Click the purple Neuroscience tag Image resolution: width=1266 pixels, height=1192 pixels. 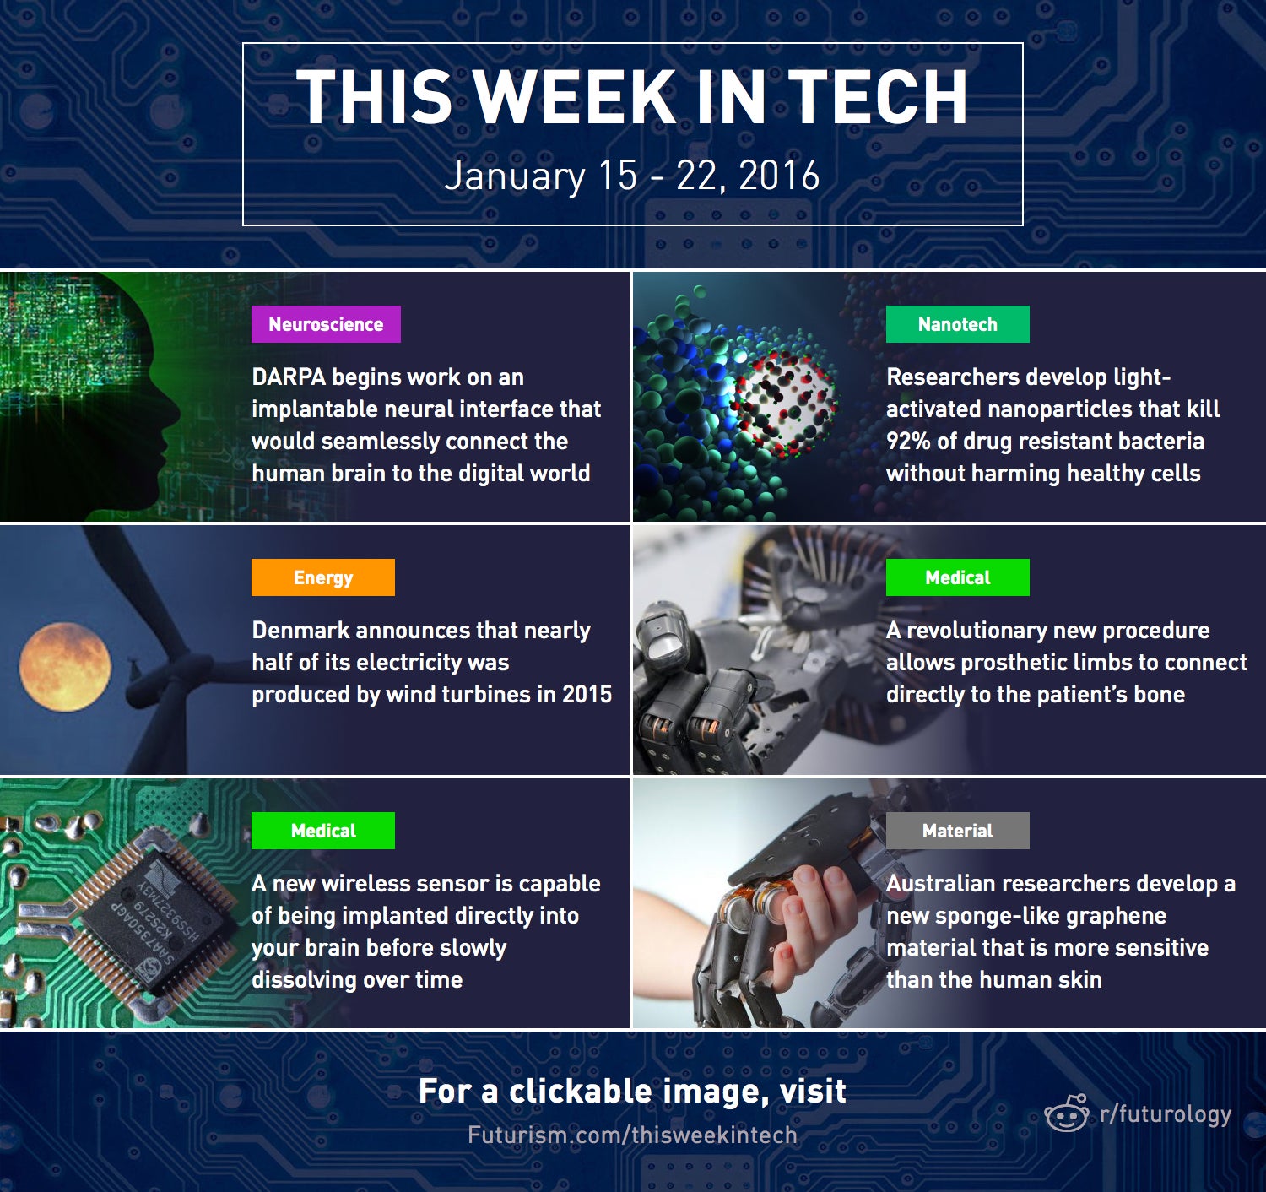point(326,324)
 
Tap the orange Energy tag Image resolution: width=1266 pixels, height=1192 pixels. point(323,577)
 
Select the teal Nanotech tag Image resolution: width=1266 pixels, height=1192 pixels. point(957,324)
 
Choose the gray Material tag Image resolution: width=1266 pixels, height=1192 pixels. point(957,831)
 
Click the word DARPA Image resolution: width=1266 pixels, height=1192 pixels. point(289,377)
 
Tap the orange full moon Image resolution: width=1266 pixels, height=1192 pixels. point(65,667)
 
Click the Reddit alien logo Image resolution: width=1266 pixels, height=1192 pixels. point(1067,1113)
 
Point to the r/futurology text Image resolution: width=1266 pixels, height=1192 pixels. point(1166,1114)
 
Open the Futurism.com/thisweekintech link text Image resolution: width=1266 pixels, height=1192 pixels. point(632,1135)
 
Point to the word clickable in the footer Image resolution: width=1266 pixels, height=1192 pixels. point(580,1091)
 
